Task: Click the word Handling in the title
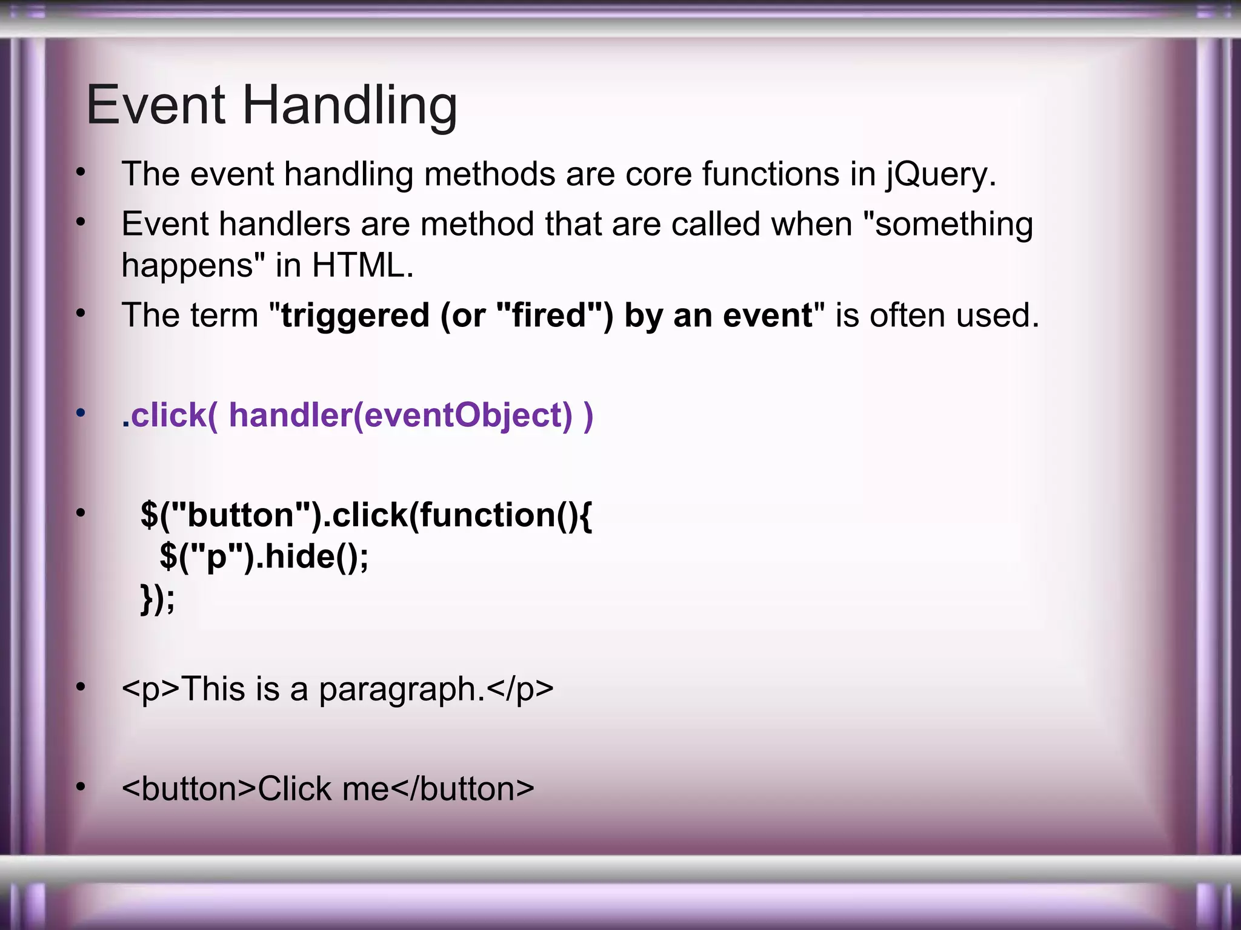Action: click(x=350, y=106)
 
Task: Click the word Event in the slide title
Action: click(x=156, y=106)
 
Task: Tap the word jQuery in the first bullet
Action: click(x=939, y=174)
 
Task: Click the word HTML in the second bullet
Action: click(x=362, y=265)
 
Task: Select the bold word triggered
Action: click(x=355, y=316)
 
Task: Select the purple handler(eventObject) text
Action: click(x=400, y=415)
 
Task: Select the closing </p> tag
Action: click(x=520, y=690)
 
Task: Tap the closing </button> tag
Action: click(x=463, y=789)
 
